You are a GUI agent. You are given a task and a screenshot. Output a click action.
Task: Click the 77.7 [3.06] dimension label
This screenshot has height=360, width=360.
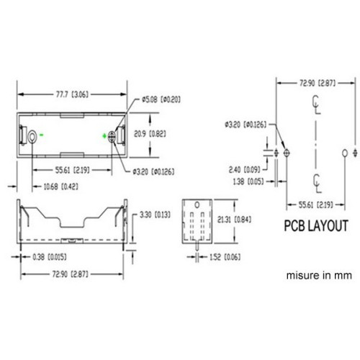[72, 93]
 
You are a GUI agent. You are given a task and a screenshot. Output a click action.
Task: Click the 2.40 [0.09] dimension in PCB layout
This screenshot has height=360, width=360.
[245, 170]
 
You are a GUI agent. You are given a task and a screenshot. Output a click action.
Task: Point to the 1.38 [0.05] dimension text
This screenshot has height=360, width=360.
[245, 183]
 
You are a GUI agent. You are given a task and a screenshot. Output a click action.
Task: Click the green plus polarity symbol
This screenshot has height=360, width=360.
[106, 135]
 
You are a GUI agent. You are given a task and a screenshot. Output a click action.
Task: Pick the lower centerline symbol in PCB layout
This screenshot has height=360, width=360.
[316, 179]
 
